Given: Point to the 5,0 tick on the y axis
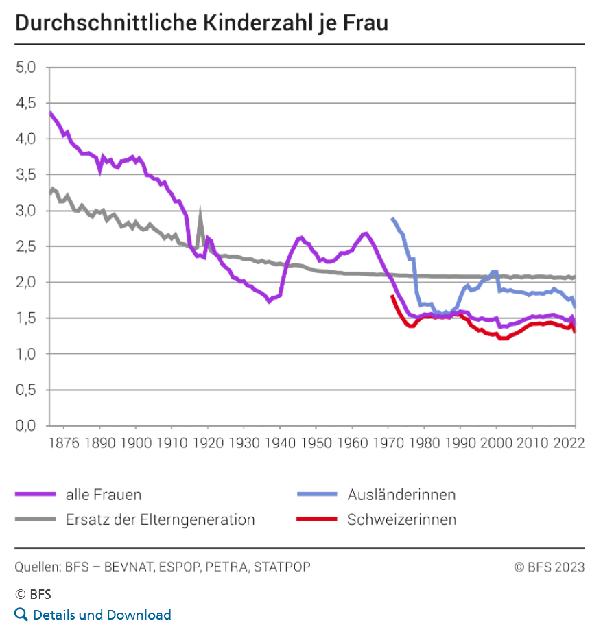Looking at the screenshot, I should pos(28,67).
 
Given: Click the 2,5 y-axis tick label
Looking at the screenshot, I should pos(28,246).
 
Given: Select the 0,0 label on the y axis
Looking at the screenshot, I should pos(28,425).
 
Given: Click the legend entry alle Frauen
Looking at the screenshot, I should pos(104,494).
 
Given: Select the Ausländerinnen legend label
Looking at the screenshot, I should pos(401,494).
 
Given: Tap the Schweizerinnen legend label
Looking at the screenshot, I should pos(401,519).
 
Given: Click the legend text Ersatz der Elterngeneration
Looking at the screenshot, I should pos(160,519).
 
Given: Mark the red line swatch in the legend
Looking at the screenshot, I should pos(316,519).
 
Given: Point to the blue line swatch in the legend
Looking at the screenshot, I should pos(316,494).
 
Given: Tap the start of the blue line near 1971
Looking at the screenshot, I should pos(392,219).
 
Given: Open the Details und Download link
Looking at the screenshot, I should pos(102,615).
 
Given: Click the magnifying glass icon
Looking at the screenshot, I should pos(21,614).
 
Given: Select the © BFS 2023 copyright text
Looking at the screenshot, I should pos(550,567).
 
